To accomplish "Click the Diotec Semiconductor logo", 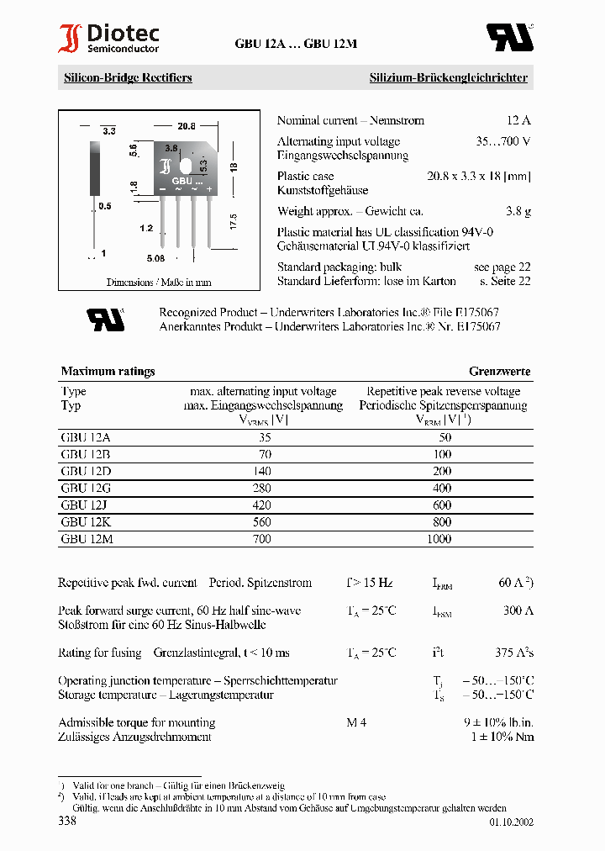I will pyautogui.click(x=108, y=38).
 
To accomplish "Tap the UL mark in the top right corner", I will pyautogui.click(x=509, y=37).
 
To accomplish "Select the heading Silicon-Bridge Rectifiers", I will pyautogui.click(x=128, y=77).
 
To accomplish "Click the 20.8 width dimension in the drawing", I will pyautogui.click(x=186, y=126).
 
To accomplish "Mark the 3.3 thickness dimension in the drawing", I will pyautogui.click(x=108, y=131).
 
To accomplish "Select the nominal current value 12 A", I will pyautogui.click(x=518, y=120).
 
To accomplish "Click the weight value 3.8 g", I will pyautogui.click(x=518, y=212).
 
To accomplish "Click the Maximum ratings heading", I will pyautogui.click(x=108, y=371).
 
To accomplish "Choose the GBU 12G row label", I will pyautogui.click(x=86, y=488).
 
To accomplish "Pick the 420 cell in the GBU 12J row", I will pyautogui.click(x=262, y=505).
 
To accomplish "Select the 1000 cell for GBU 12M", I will pyautogui.click(x=439, y=538).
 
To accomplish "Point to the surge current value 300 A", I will pyautogui.click(x=518, y=610).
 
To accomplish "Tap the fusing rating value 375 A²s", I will pyautogui.click(x=514, y=653).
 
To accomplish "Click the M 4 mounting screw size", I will pyautogui.click(x=356, y=722).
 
